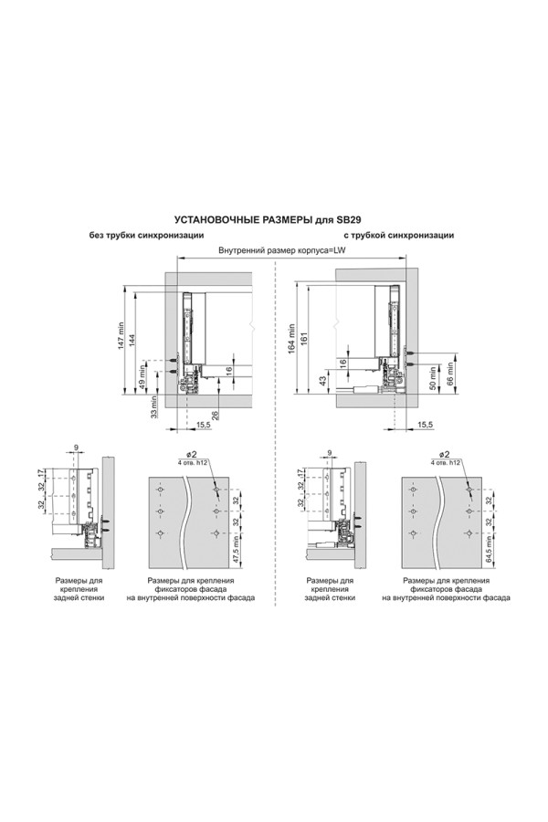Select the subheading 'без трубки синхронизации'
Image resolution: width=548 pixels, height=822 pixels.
pos(145,236)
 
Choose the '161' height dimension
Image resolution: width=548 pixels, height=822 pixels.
pos(303,336)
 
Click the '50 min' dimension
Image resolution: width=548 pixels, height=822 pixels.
pos(433,376)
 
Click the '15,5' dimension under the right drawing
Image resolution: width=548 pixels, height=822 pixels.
pos(424,425)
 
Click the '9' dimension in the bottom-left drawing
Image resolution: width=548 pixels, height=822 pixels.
pos(76,448)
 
